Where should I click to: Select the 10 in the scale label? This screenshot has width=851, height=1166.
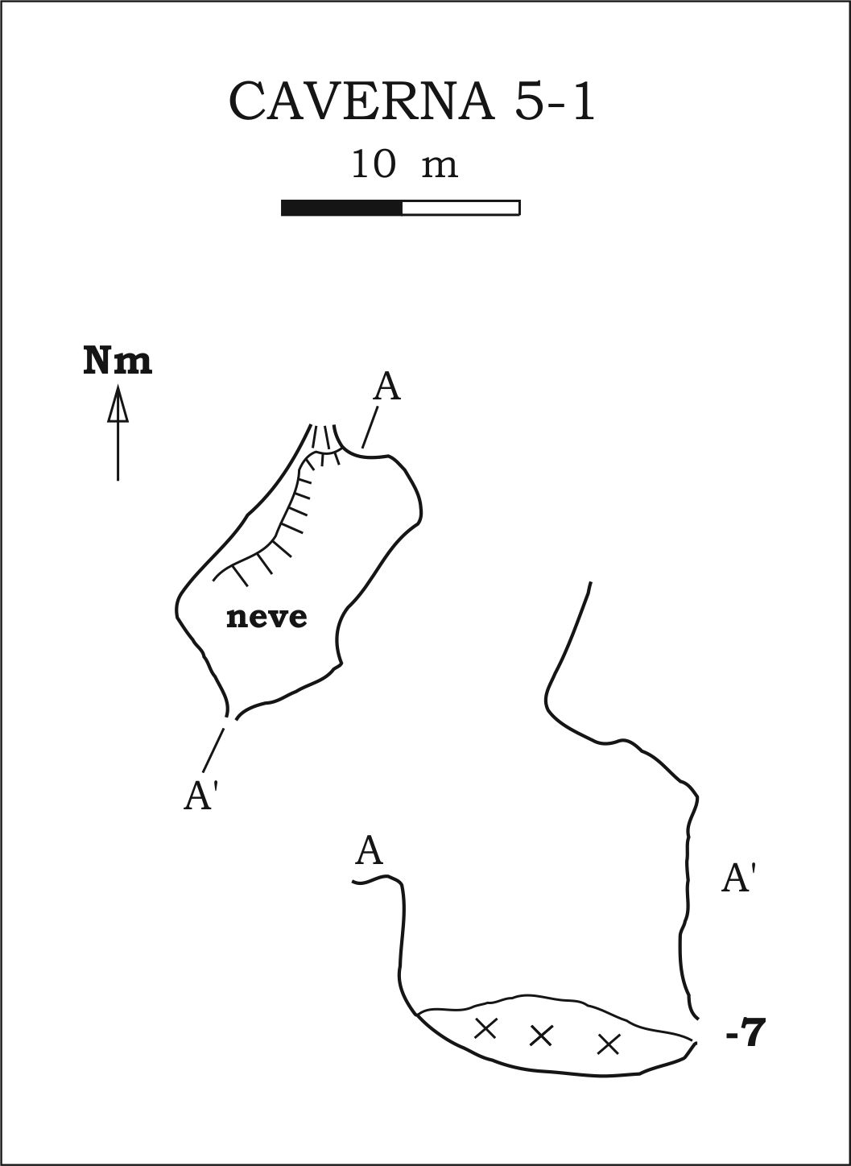374,164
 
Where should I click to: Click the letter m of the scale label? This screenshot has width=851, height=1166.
440,167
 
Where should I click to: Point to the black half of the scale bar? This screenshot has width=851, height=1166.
342,208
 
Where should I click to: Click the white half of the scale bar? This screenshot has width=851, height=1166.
461,208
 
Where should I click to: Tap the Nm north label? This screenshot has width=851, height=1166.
118,362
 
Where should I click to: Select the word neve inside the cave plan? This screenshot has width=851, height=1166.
266,618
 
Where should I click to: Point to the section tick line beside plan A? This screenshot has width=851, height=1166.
370,428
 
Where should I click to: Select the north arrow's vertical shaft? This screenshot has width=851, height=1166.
118,451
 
